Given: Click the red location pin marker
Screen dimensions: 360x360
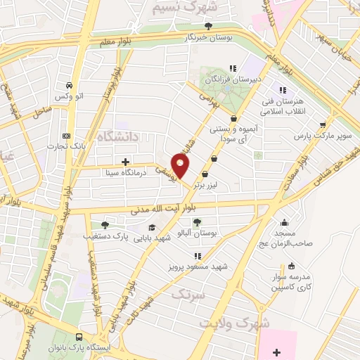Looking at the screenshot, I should point(181,165).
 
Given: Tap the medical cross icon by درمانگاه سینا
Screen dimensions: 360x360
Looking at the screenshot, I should point(125,161).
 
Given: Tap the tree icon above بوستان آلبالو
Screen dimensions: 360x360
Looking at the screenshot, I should point(195,222).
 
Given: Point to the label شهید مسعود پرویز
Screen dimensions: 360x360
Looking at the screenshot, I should point(198,267).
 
